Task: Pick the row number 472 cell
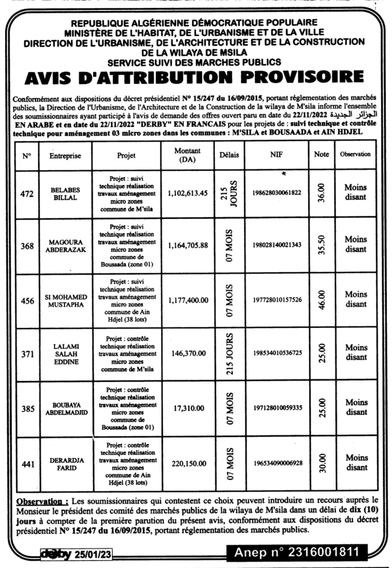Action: click(28, 194)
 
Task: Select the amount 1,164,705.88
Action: click(187, 246)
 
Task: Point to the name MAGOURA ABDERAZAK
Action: click(66, 246)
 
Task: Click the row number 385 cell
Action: click(28, 409)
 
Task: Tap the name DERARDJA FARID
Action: click(66, 464)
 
